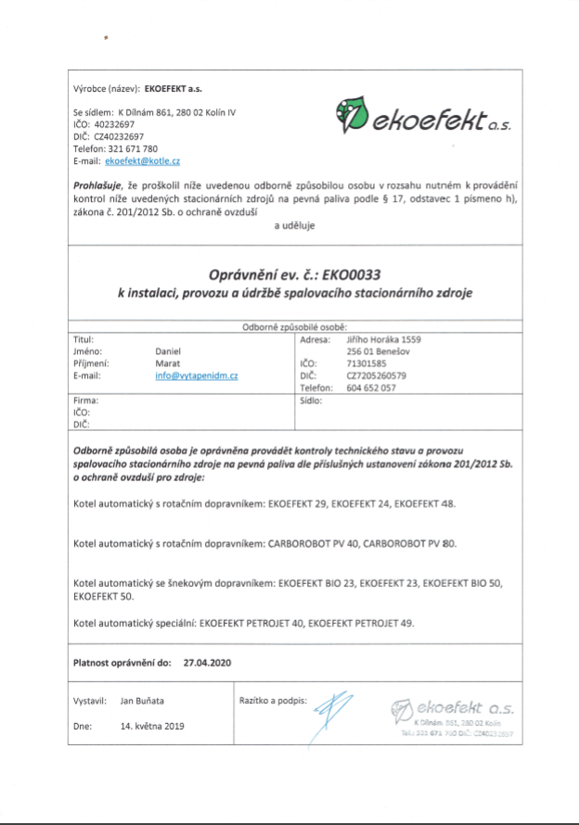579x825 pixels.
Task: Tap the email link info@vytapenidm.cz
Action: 198,376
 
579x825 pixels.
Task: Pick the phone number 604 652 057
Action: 372,388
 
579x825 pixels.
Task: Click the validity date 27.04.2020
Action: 207,663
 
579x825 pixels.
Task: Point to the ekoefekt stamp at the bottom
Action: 455,715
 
